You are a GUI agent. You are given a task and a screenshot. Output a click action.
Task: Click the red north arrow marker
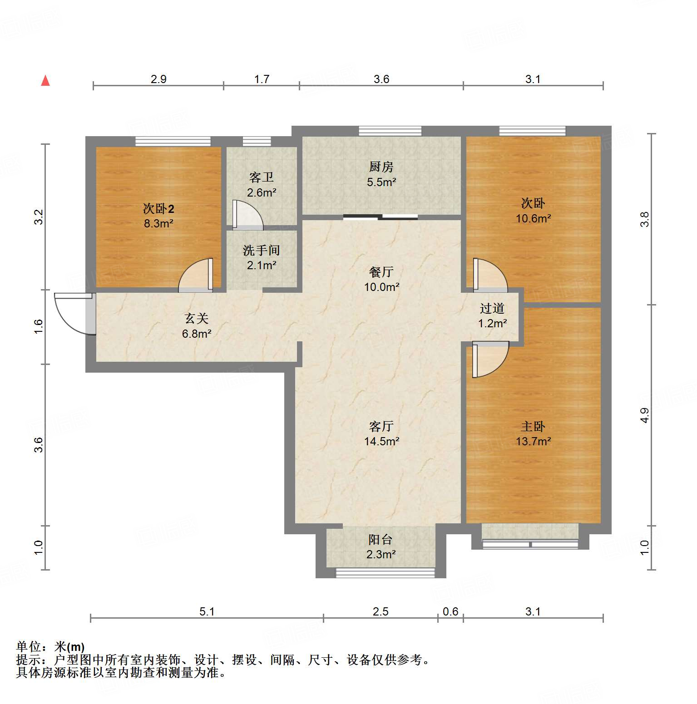point(45,81)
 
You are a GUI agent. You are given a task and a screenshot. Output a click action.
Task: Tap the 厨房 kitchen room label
point(381,167)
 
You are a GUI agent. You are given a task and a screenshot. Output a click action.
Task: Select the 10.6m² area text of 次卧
point(533,218)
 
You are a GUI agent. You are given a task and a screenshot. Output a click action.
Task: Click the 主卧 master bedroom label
point(533,426)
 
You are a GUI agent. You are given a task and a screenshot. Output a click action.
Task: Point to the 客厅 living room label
point(381,426)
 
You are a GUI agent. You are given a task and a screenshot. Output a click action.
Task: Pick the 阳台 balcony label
point(381,539)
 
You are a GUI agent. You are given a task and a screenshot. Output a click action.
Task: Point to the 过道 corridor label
point(492,309)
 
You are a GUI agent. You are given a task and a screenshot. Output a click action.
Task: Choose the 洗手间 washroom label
point(261,250)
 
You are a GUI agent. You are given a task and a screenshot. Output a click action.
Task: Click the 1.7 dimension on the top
point(262,79)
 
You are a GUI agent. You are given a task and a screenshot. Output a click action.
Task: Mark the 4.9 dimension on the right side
point(645,415)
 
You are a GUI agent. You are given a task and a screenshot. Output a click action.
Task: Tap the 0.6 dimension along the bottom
point(450,611)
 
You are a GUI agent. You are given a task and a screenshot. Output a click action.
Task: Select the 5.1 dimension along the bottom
point(207,611)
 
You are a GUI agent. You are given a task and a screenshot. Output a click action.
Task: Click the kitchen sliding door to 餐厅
point(381,217)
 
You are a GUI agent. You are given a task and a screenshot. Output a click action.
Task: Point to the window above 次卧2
point(173,141)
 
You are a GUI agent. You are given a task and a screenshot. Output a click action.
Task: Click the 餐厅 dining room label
point(381,272)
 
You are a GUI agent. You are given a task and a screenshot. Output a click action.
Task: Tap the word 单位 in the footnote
point(28,646)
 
